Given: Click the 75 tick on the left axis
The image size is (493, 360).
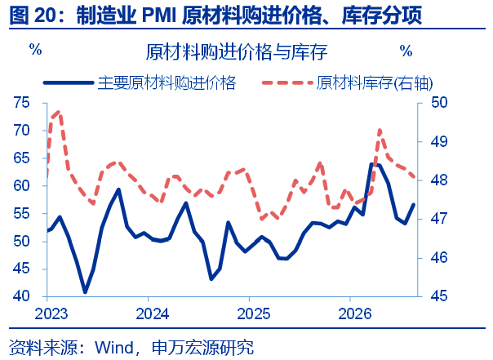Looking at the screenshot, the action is tap(22, 103).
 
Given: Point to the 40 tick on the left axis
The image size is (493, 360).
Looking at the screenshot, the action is tap(22, 296).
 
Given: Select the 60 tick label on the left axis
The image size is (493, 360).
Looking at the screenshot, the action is tap(22, 185).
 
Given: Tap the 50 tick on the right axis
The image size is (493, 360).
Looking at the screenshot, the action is tap(439, 103).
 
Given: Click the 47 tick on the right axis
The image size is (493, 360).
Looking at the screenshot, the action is tap(439, 219).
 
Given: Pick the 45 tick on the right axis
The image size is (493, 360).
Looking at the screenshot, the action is tap(439, 296).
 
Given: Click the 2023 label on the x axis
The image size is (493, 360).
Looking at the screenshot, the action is tap(51, 313).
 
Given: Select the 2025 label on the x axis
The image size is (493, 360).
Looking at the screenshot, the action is tap(253, 313).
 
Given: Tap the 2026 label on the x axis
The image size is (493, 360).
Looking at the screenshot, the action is tap(355, 313).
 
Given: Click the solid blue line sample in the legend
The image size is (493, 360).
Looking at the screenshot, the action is tap(69, 83).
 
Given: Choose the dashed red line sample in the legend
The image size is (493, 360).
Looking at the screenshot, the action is tap(287, 83).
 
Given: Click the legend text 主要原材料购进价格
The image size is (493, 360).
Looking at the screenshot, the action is tap(167, 83).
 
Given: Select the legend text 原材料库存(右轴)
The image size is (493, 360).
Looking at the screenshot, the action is tap(375, 83).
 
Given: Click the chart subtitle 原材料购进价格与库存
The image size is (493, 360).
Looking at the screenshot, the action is tap(237, 52).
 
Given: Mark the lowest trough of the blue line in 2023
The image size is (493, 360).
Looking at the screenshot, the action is tap(85, 292).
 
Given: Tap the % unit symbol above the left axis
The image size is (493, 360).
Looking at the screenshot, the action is tap(36, 49).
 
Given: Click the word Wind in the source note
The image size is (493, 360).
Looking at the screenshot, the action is tap(114, 348).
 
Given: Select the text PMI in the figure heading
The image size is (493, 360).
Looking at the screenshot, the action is tap(159, 16).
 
